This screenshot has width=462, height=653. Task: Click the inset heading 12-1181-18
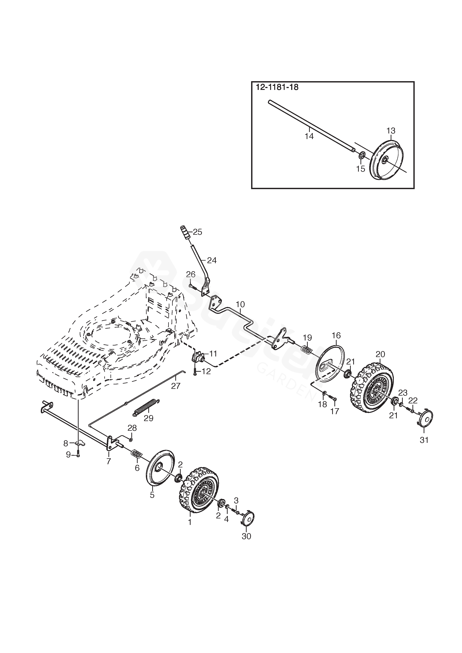[277, 87]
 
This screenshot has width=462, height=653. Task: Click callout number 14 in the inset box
[309, 136]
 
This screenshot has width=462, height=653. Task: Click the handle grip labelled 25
[184, 233]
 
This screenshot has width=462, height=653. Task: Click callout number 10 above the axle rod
[240, 304]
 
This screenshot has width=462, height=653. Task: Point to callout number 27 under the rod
[176, 386]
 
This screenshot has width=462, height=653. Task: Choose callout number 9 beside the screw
[68, 455]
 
